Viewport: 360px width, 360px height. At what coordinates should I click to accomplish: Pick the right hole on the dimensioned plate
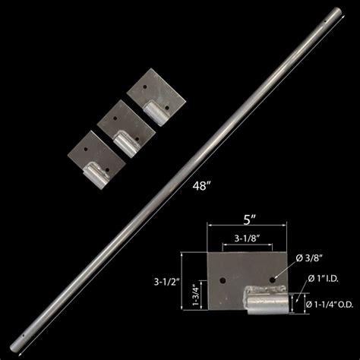pos(271,281)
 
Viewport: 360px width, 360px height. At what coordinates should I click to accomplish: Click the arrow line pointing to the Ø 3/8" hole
pos(286,270)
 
